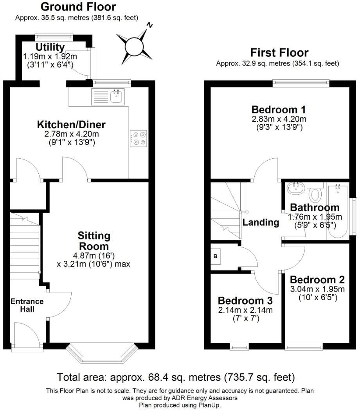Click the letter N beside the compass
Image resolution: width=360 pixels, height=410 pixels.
pos(150,25)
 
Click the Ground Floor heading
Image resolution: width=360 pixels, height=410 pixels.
pos(78,7)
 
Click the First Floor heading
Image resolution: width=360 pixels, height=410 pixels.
pos(279,52)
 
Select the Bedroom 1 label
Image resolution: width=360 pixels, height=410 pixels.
pos(279,109)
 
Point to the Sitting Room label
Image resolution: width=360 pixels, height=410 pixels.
pos(94,241)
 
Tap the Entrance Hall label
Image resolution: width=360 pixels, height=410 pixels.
pos(27,305)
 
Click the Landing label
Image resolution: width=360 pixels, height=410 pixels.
pos(261,222)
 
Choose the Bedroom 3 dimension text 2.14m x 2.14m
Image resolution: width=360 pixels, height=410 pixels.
pos(245,310)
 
